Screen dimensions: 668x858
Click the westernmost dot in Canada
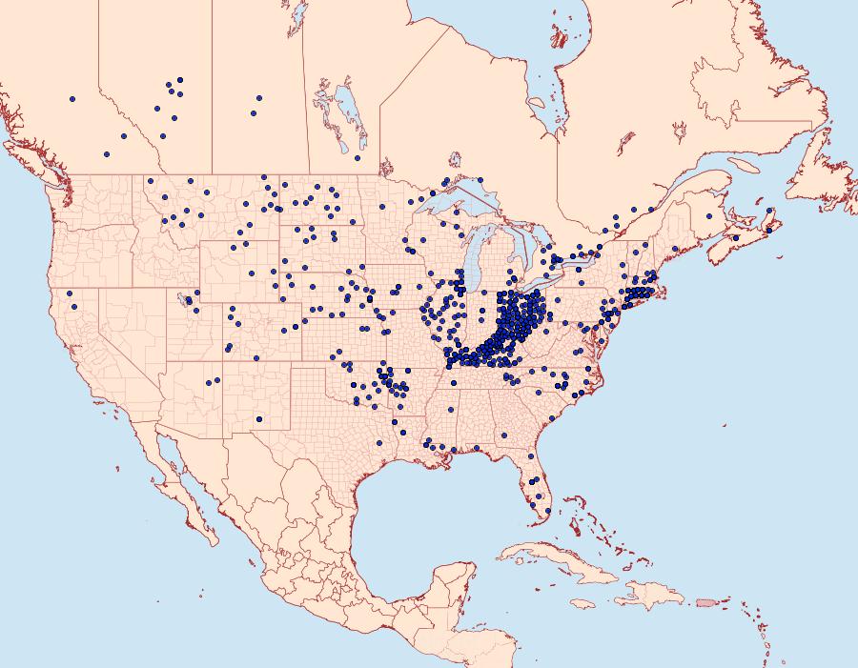tap(71, 98)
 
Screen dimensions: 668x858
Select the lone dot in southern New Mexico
tap(259, 418)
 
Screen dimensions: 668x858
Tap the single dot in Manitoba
tap(357, 158)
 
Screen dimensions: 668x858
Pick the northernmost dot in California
tap(70, 293)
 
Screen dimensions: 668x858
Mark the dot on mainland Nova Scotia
tap(736, 237)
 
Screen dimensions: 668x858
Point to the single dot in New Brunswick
tap(708, 215)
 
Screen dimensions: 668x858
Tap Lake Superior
tap(467, 200)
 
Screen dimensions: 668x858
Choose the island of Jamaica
tap(582, 602)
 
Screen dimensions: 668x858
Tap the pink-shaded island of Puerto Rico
tap(705, 601)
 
